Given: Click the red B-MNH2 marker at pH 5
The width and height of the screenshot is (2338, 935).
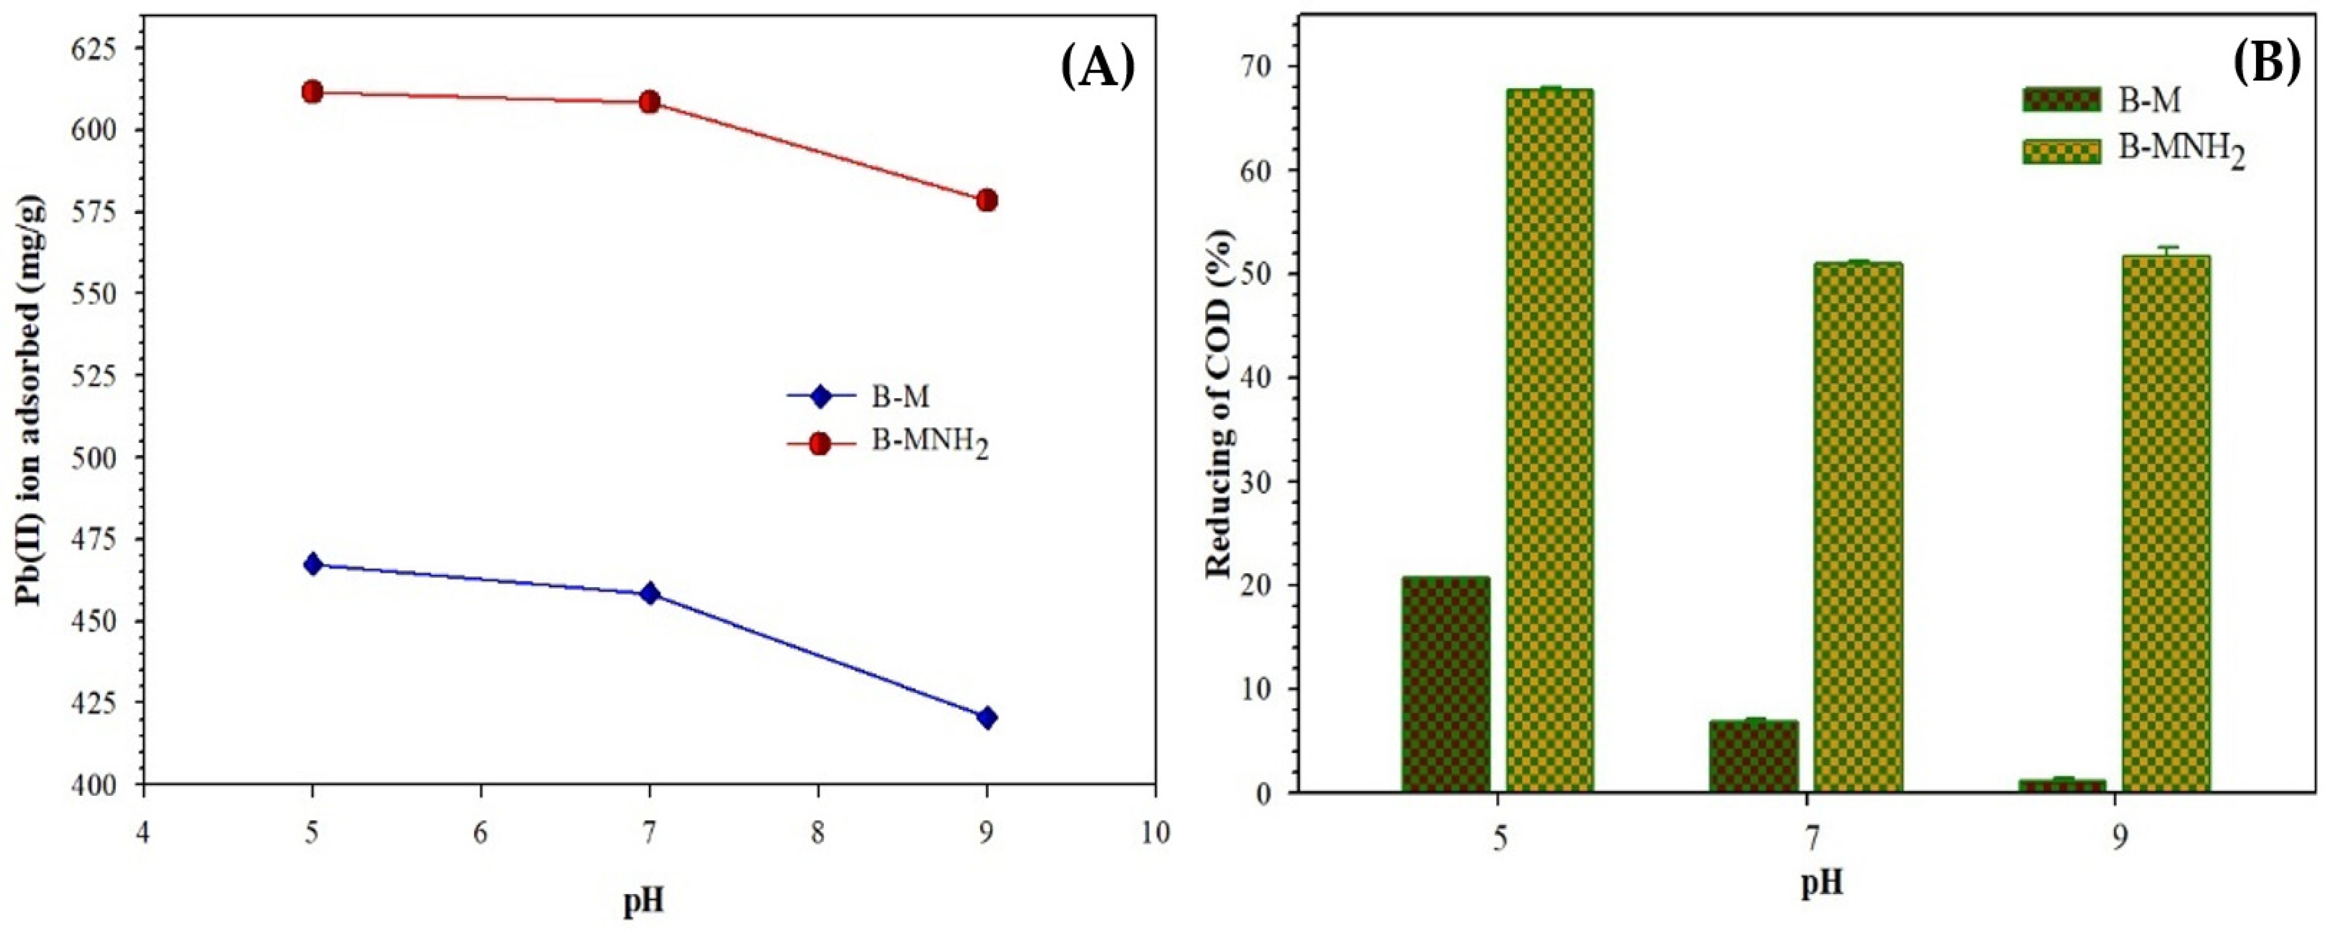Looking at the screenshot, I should (312, 92).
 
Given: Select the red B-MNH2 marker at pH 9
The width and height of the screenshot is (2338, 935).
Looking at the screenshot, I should (987, 200).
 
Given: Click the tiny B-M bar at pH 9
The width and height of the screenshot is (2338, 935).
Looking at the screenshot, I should (2061, 785).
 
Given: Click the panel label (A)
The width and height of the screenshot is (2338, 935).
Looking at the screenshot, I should (1097, 68).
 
